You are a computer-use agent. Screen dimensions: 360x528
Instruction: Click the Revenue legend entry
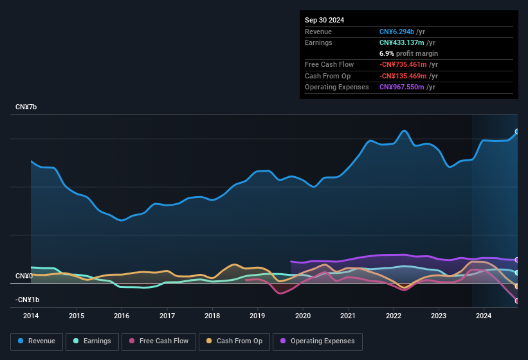37,341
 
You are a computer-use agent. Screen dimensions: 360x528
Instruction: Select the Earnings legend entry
92,341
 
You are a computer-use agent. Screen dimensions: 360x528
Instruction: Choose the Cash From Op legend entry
235,341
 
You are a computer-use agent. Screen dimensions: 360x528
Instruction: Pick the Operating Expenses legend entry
317,341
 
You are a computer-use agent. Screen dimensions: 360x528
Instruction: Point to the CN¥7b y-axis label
26,107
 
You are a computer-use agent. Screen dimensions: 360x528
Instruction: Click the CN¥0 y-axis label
24,276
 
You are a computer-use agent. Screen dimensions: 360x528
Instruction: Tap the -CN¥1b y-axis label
28,300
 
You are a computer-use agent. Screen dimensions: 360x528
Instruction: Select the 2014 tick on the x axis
31,316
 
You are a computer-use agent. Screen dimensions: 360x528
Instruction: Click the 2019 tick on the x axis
257,316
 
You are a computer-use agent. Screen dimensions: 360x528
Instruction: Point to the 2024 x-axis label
484,316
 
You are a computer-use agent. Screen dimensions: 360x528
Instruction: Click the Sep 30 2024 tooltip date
324,20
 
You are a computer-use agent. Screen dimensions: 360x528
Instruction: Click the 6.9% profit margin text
408,53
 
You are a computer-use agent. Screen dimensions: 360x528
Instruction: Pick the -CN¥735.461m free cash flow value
409,64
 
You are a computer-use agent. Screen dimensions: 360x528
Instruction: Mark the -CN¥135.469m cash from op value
409,76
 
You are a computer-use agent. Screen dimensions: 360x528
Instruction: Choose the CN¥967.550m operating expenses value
407,87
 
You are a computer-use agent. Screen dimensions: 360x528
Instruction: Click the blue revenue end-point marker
517,132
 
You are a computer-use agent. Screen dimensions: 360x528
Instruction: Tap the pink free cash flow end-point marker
517,301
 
